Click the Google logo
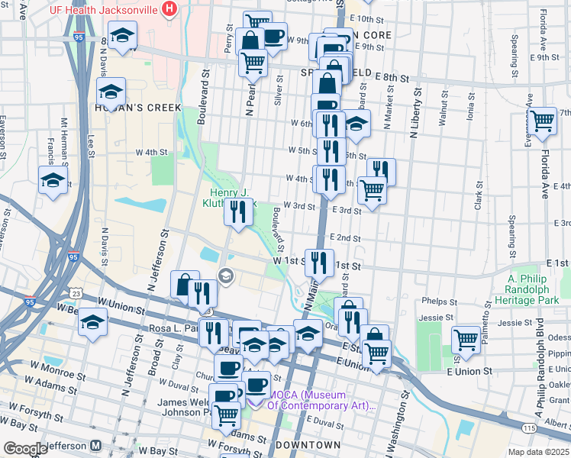click(x=25, y=448)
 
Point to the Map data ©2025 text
click(x=537, y=452)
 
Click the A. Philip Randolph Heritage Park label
click(x=534, y=290)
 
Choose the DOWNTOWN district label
click(x=308, y=445)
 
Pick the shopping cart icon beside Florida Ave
click(x=543, y=121)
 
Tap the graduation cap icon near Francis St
click(x=53, y=181)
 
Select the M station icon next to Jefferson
click(x=97, y=445)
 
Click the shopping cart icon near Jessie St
click(x=465, y=339)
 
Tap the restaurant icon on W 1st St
click(x=319, y=263)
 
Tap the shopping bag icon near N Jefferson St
click(x=185, y=285)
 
